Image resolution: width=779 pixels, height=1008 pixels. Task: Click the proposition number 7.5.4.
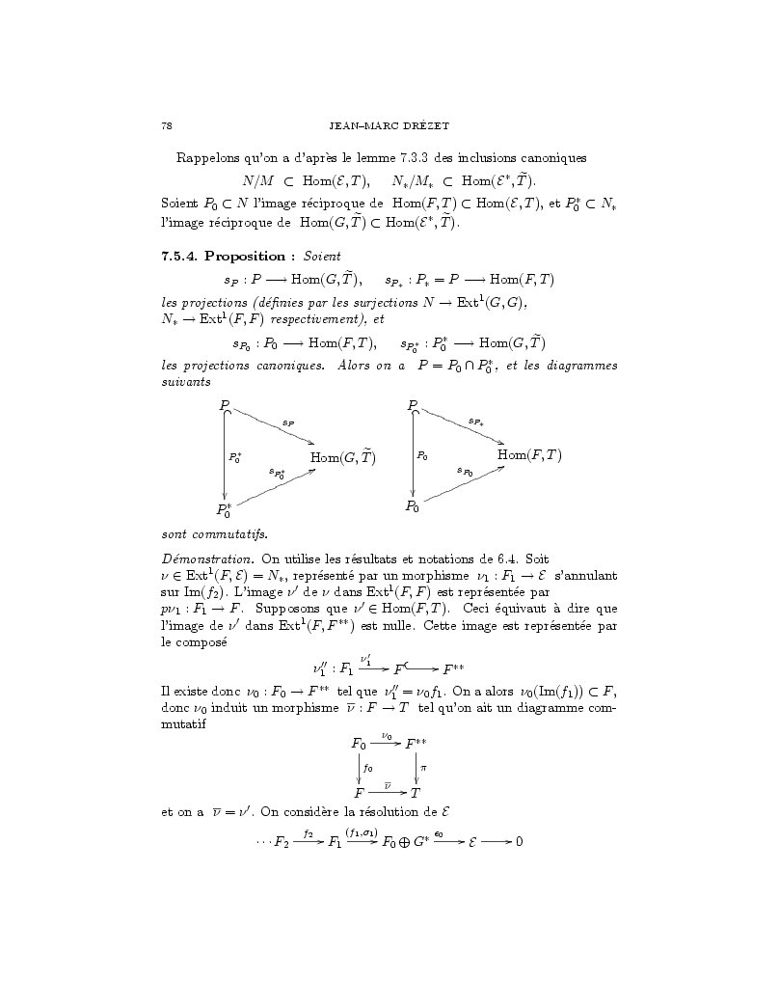179,256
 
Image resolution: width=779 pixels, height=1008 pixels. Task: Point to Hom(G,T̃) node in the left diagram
341,457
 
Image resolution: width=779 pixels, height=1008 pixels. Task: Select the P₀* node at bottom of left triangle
224,508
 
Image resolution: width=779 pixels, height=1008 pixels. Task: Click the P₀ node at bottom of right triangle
412,505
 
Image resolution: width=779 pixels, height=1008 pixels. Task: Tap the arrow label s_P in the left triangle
287,422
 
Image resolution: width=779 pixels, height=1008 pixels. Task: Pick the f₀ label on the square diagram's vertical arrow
367,768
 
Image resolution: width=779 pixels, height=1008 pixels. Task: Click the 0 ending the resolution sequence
519,841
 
